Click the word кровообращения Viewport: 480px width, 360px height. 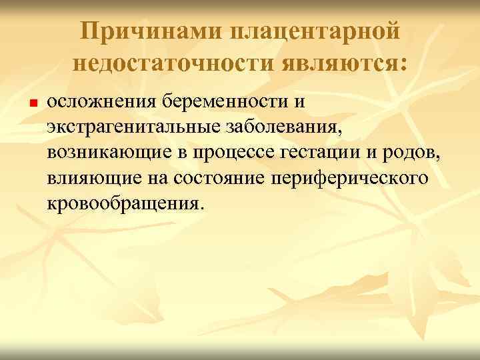pos(123,202)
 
